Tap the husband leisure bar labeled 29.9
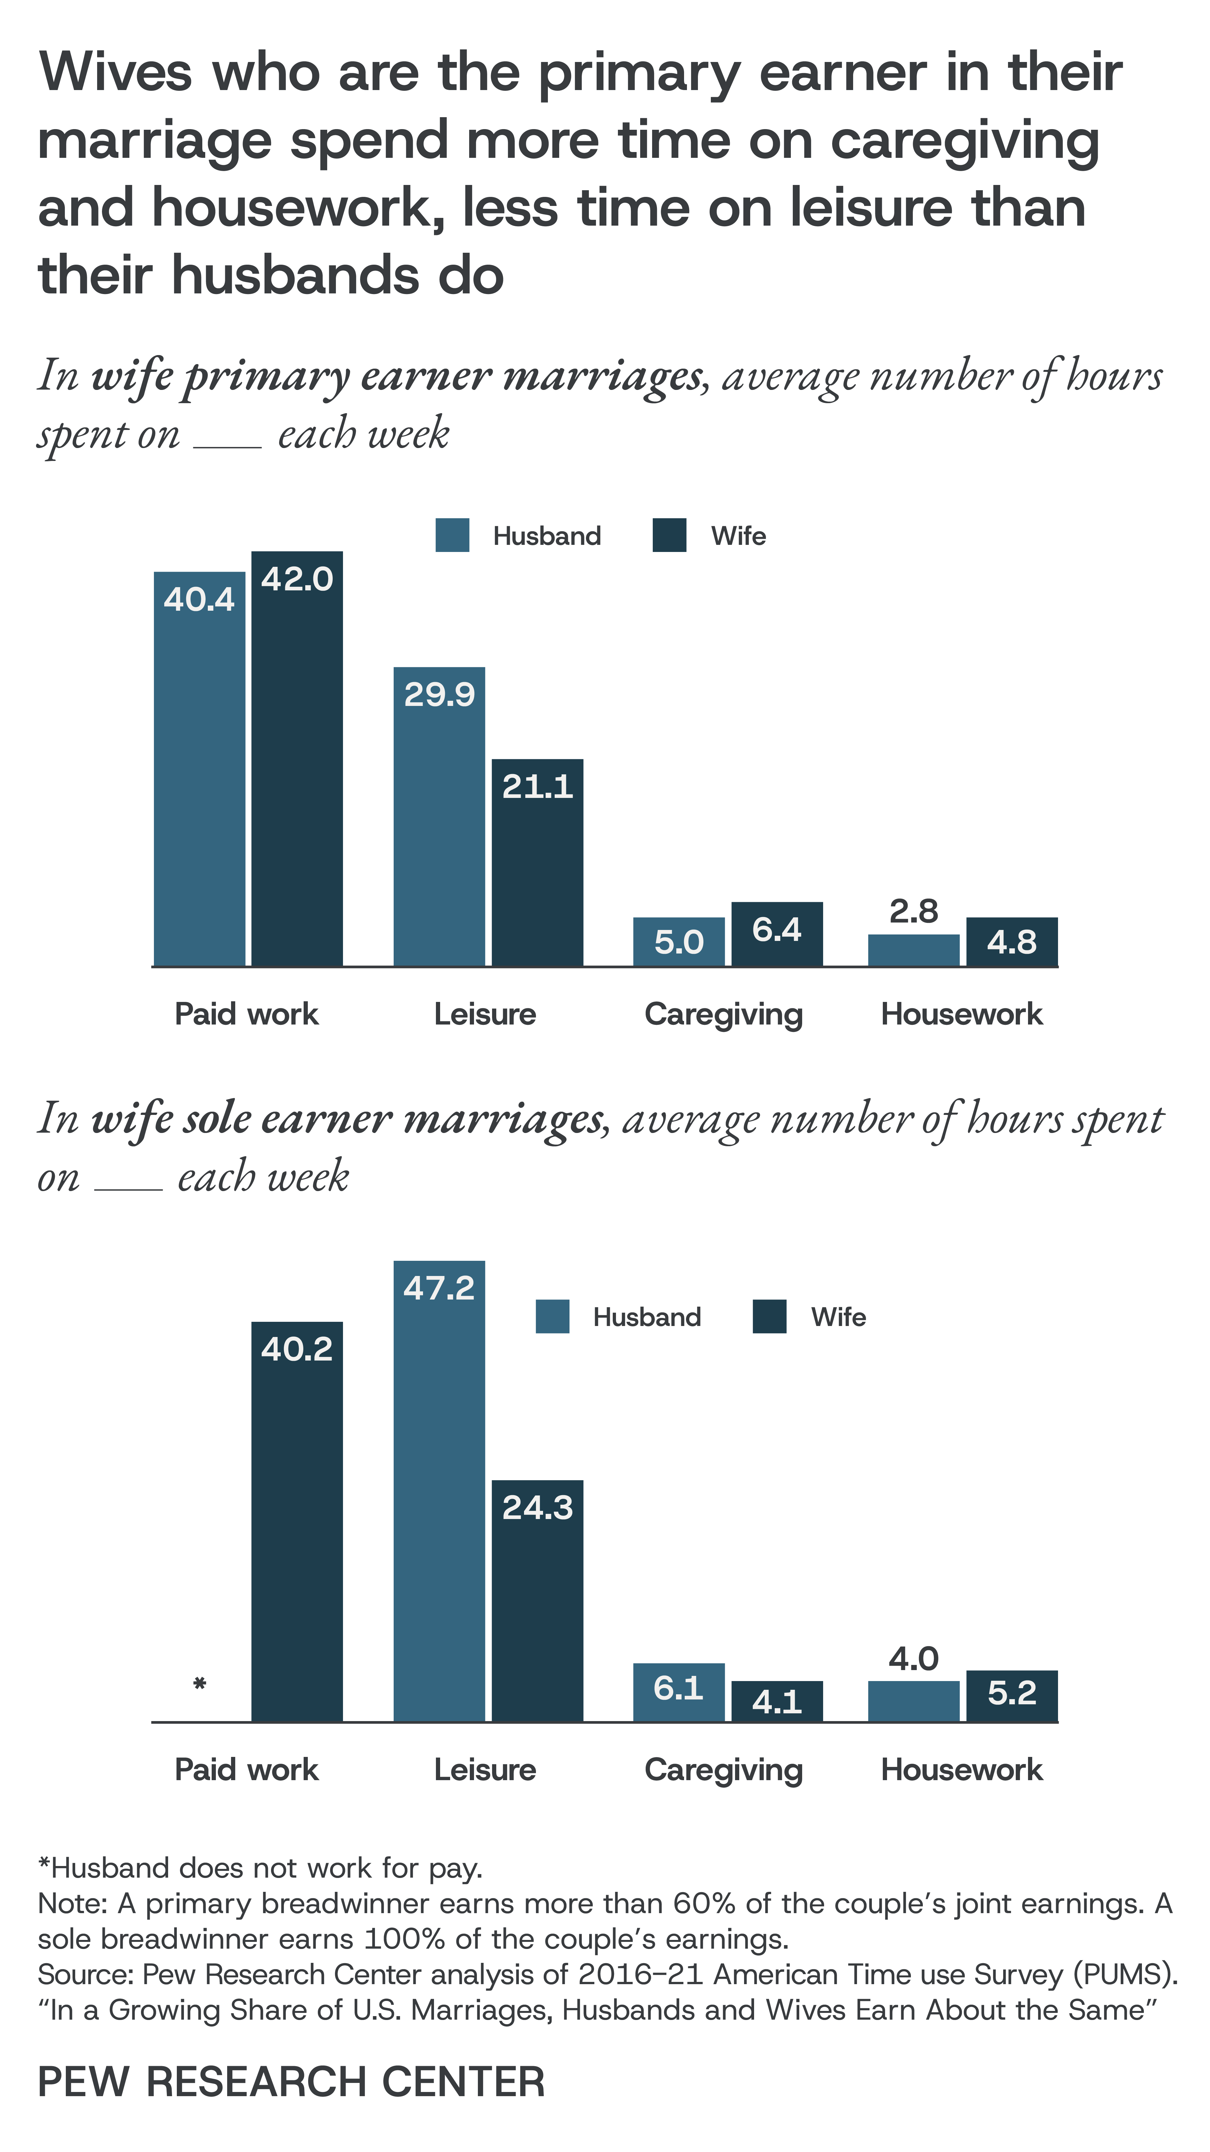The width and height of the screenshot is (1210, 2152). (x=439, y=816)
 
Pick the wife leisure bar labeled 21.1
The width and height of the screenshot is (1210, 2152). (x=537, y=862)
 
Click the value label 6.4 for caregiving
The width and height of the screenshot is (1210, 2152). (x=777, y=929)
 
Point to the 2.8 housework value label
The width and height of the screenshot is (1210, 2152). (x=913, y=911)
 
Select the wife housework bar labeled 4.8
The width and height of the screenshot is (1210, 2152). (x=1012, y=942)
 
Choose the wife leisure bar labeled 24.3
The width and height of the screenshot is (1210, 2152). (x=537, y=1601)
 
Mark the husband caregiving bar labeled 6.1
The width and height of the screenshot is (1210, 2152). (x=679, y=1693)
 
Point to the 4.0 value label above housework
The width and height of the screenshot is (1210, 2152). (x=913, y=1658)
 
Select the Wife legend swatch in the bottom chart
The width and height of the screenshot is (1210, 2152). (x=769, y=1317)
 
